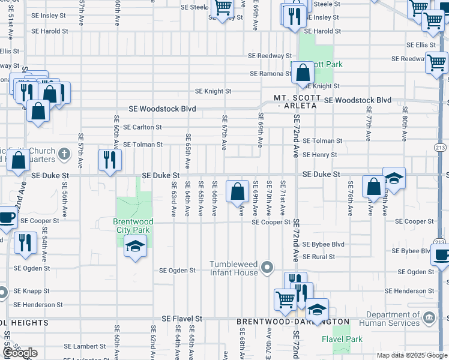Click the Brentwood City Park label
tap(133, 226)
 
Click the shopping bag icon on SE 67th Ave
tap(238, 191)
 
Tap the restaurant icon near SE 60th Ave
tap(109, 160)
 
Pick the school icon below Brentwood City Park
tap(135, 245)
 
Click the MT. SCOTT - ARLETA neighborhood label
tap(295, 101)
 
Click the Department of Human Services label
tap(393, 319)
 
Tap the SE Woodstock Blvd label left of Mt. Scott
tap(163, 110)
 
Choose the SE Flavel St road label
tap(183, 318)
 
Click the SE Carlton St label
tap(142, 127)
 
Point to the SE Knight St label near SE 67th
tap(213, 91)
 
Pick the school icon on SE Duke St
tap(394, 178)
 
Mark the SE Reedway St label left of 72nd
tap(270, 56)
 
